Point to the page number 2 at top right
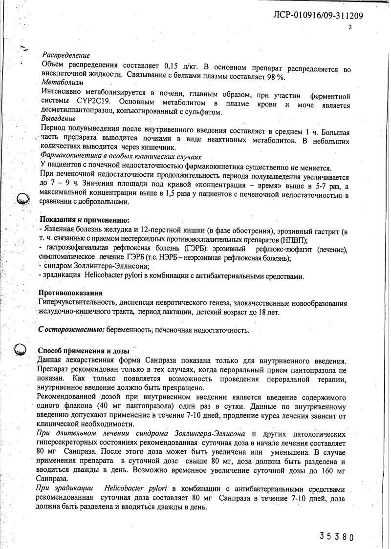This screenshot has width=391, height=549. pyautogui.click(x=350, y=28)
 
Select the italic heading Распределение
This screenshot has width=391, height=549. pyautogui.click(x=66, y=56)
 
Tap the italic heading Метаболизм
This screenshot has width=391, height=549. pyautogui.click(x=63, y=83)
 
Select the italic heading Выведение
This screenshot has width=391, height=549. pyautogui.click(x=59, y=119)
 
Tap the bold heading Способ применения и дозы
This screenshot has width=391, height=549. pyautogui.click(x=84, y=351)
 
